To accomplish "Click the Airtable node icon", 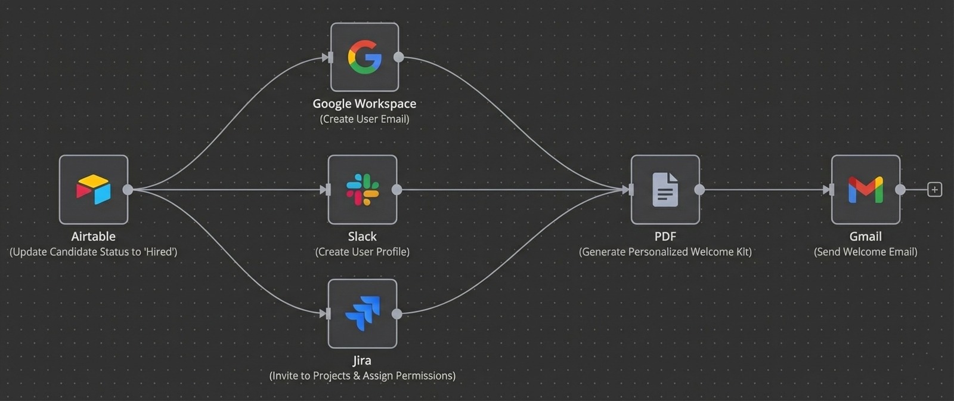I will (x=94, y=190).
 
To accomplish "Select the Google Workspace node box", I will (x=364, y=57).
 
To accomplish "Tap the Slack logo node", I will (x=363, y=190).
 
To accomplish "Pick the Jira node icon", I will (x=363, y=314).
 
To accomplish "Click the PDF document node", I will (x=665, y=190).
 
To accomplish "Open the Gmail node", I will (x=865, y=190).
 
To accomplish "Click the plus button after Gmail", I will (x=934, y=190).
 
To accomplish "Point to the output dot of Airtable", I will (x=128, y=190).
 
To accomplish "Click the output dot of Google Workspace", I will (x=399, y=57).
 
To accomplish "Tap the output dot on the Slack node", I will (x=397, y=190).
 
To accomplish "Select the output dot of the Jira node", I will (x=397, y=314).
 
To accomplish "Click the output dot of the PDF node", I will (x=699, y=190).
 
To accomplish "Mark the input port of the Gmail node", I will (x=831, y=190).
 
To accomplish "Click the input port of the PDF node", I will (x=630, y=190).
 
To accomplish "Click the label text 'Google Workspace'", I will (x=364, y=103).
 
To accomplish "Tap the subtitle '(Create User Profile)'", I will (x=362, y=252).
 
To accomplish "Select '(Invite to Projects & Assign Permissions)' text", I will (x=362, y=376).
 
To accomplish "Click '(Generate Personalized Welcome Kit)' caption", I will (x=665, y=252).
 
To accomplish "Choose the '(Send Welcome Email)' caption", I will (x=865, y=252).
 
